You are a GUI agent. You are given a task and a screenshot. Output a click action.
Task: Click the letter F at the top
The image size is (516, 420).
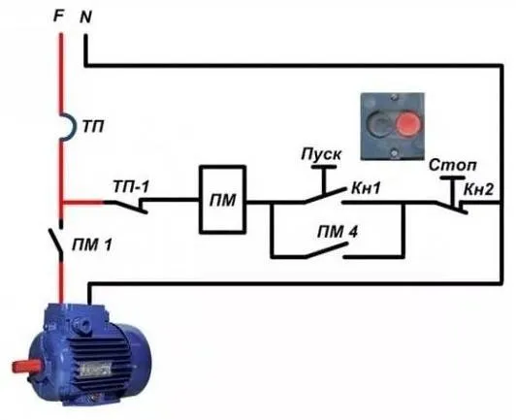coord(58,16)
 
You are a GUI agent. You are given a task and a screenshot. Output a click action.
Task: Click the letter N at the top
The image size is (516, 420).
coord(85,16)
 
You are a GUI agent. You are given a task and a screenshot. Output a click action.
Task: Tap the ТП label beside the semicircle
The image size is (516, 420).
coord(93,127)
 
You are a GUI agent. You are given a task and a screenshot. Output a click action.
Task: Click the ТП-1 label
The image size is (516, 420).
coord(131,186)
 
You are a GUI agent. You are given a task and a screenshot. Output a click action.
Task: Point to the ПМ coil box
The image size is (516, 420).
coord(223,200)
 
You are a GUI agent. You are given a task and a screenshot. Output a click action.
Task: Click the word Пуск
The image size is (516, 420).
coord(321,154)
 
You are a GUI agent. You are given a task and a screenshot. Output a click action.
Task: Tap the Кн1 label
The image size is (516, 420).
coord(366,188)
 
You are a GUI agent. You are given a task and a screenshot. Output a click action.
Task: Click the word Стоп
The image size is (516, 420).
coord(453,165)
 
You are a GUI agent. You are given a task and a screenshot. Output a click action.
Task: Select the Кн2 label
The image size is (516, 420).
coord(479,189)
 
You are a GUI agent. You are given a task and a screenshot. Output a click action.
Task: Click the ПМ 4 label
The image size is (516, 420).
coord(337,233)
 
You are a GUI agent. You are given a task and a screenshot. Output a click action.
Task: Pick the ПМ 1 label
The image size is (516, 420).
coord(92,244)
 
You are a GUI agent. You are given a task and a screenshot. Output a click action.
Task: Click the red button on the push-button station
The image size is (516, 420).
coord(408,124)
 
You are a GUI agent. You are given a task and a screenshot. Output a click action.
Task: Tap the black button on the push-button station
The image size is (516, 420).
coord(379,124)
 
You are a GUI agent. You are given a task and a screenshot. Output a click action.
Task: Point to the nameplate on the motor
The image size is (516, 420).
coord(96,370)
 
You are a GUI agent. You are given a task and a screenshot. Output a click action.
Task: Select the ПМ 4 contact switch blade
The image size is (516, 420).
coord(327,250)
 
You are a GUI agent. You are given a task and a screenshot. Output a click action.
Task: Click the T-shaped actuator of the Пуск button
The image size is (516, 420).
coord(324,179)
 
